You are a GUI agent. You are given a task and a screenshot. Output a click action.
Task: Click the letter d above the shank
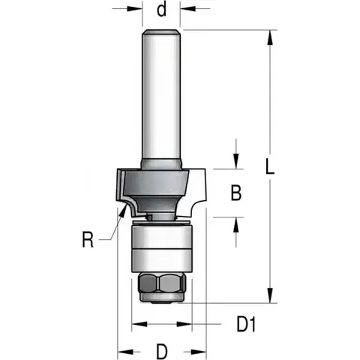[161, 10]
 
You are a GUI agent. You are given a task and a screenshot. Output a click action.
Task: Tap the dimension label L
[270, 166]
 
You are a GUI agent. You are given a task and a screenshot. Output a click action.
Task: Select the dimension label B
[236, 193]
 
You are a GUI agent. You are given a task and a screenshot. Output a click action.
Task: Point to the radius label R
[88, 239]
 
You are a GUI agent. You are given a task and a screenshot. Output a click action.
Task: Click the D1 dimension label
[247, 324]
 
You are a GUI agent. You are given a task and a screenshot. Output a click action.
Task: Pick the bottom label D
[162, 352]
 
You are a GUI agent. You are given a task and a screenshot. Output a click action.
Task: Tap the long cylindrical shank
[161, 97]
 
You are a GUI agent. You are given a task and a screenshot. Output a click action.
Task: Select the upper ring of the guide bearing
[162, 235]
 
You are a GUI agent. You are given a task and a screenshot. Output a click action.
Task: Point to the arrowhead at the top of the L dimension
[270, 37]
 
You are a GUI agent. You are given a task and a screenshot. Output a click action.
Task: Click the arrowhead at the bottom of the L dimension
[270, 295]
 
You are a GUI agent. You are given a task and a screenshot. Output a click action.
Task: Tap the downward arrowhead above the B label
[236, 161]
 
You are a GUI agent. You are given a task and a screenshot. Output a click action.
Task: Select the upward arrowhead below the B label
[236, 224]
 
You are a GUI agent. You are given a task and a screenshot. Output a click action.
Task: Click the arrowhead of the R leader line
[123, 212]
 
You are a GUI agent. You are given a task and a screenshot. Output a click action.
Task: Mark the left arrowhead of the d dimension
[135, 9]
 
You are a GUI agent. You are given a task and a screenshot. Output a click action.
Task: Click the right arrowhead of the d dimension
[187, 9]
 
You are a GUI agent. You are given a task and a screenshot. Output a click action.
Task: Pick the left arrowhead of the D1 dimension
[139, 324]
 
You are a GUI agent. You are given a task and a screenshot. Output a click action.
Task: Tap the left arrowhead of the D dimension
[125, 352]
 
